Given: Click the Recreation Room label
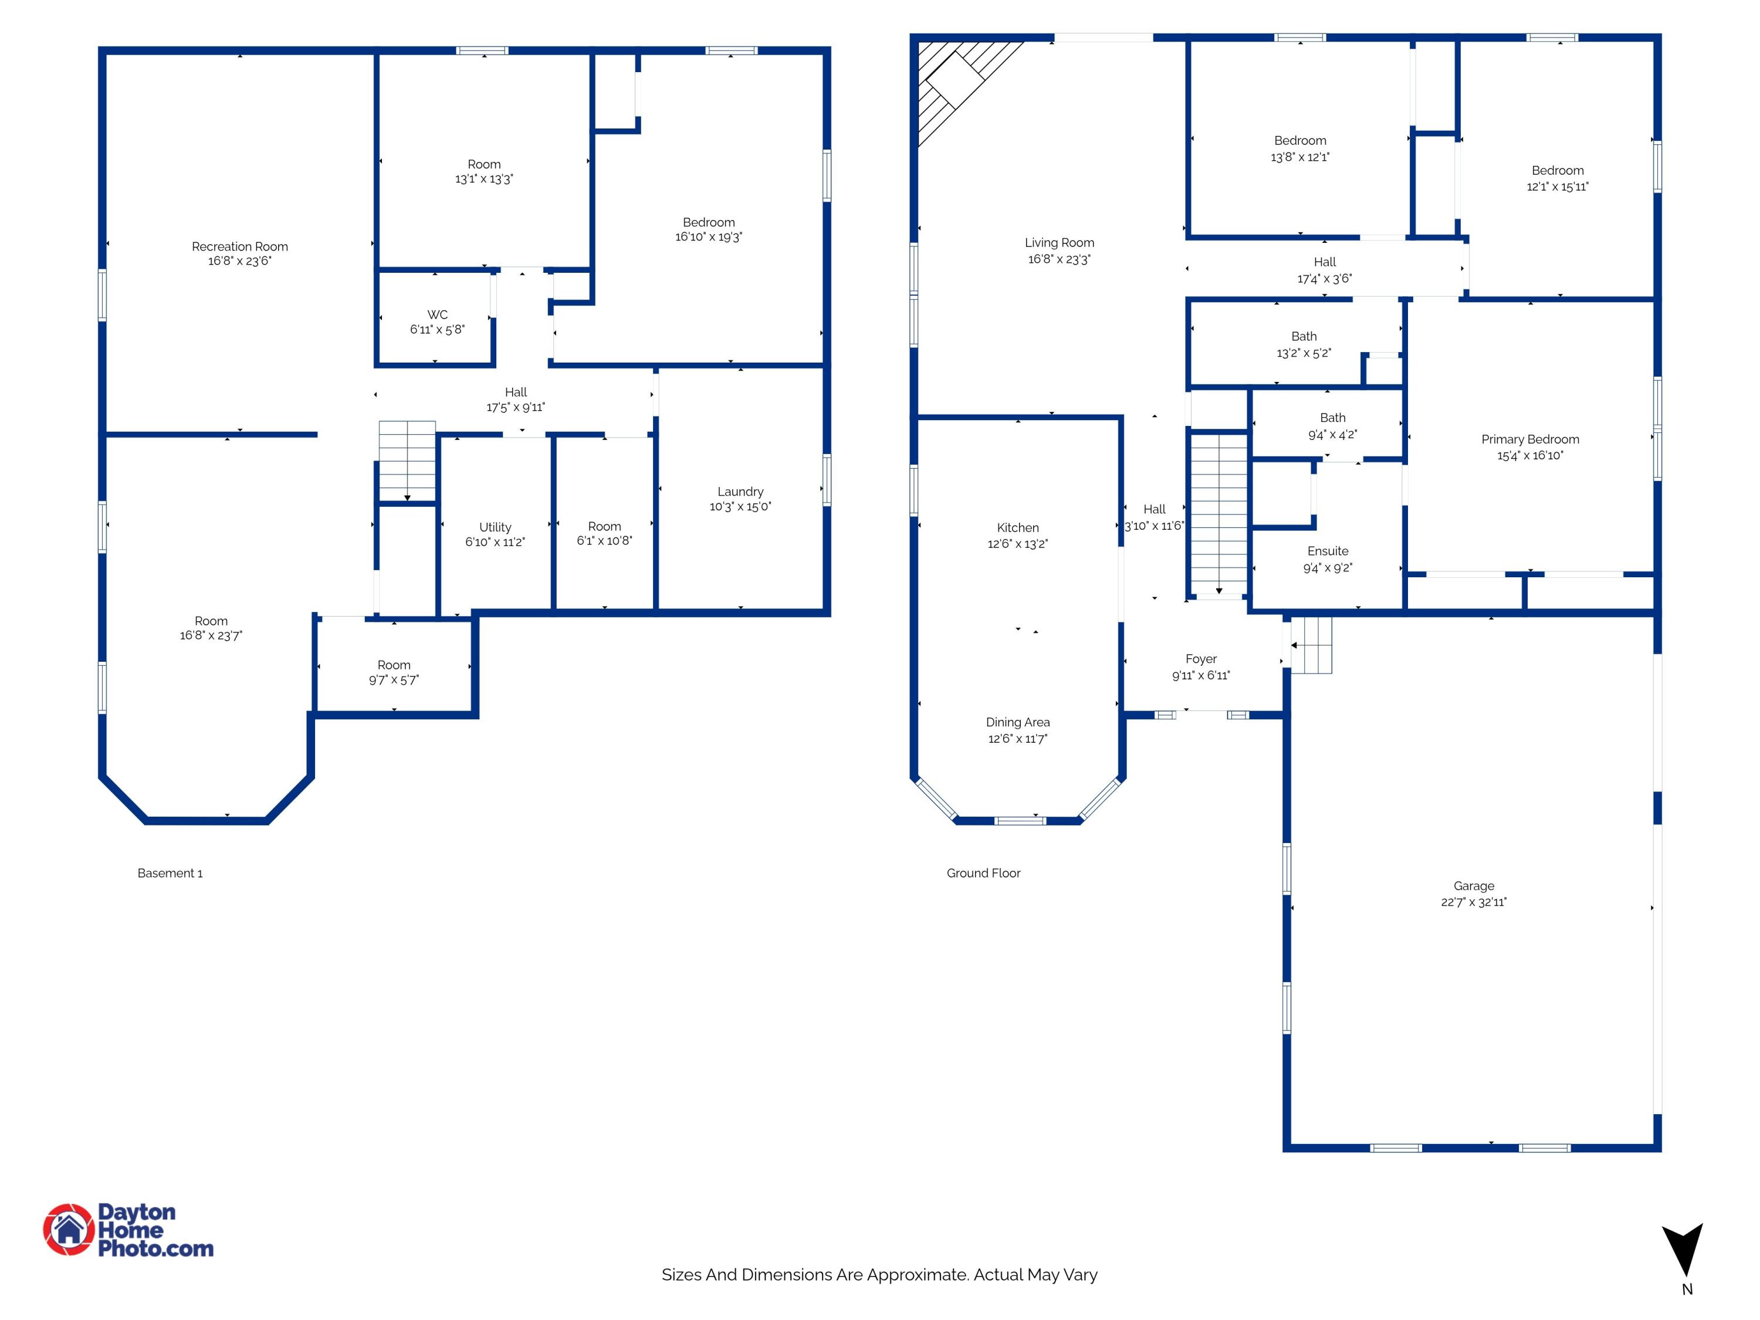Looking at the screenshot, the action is (x=239, y=246).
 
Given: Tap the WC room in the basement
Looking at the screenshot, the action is (x=435, y=318).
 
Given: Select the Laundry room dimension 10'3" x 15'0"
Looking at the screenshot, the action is (x=740, y=506).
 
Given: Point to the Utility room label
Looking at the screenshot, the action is (x=495, y=527).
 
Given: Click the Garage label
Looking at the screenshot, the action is (x=1474, y=885).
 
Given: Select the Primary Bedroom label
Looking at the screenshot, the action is (x=1530, y=439).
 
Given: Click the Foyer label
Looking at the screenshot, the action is (x=1201, y=659).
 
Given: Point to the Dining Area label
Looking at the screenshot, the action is (x=1018, y=722).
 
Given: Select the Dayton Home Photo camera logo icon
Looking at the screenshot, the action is (x=69, y=1229).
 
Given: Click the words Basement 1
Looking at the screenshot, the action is (x=170, y=873).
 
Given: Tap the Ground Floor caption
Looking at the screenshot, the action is (x=983, y=873).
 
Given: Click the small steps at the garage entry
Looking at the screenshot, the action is (x=1311, y=645).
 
